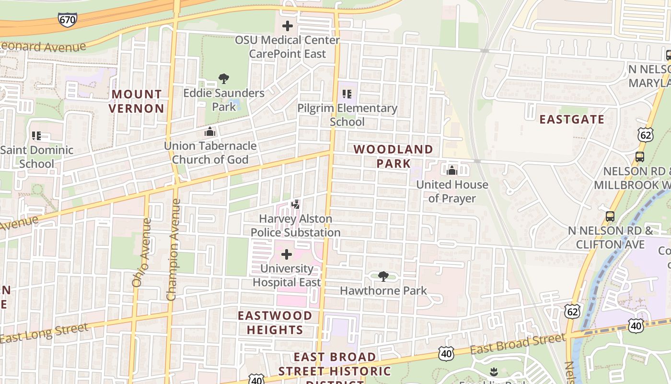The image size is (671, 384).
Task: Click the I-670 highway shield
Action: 67,19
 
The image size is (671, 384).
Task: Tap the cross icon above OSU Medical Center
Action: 288,26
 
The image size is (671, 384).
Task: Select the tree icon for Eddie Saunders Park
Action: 223,79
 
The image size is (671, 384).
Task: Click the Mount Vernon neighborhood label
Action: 137,101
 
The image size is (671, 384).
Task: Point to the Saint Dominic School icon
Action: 36,136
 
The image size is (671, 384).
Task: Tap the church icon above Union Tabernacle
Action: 210,132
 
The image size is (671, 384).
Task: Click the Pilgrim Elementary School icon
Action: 347,94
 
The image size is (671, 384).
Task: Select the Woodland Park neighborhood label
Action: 393,156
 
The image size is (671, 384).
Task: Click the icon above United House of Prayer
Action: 452,170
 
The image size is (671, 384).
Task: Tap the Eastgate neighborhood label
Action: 572,119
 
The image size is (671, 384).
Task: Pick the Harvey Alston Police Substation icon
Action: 296,204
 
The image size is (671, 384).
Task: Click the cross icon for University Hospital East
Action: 287,254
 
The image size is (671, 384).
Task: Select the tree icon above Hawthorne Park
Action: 383,276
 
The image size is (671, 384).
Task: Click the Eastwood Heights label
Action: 275,323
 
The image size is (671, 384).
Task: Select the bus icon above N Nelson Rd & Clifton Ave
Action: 610,216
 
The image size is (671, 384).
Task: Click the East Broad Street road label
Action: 518,344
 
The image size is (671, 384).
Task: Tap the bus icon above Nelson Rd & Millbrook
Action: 639,156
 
